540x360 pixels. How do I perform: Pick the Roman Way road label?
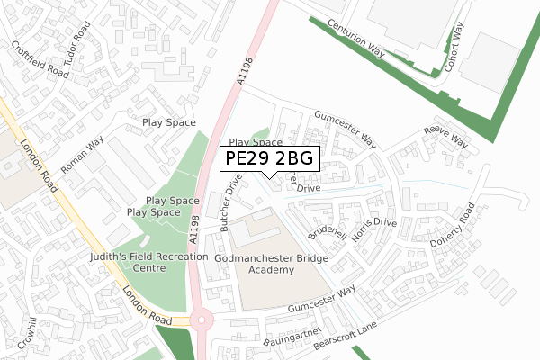point(82,155)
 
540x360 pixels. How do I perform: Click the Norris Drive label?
point(374,233)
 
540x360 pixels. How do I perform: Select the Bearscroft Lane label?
point(346,340)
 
